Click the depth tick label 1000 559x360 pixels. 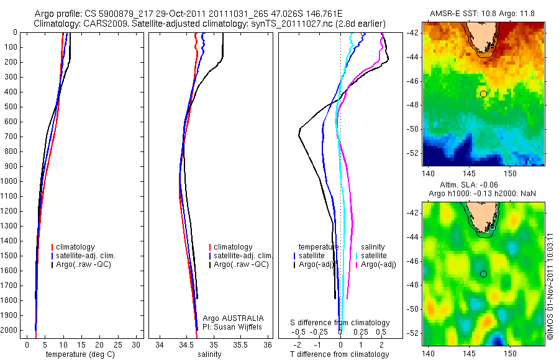(9, 181)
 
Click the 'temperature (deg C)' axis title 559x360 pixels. (78, 354)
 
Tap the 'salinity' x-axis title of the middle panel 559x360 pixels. (208, 354)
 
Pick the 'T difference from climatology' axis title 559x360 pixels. (340, 354)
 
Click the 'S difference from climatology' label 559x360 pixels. (340, 323)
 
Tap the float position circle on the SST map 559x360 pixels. (483, 94)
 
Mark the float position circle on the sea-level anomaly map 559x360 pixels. (483, 274)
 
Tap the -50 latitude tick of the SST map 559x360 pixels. (413, 129)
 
